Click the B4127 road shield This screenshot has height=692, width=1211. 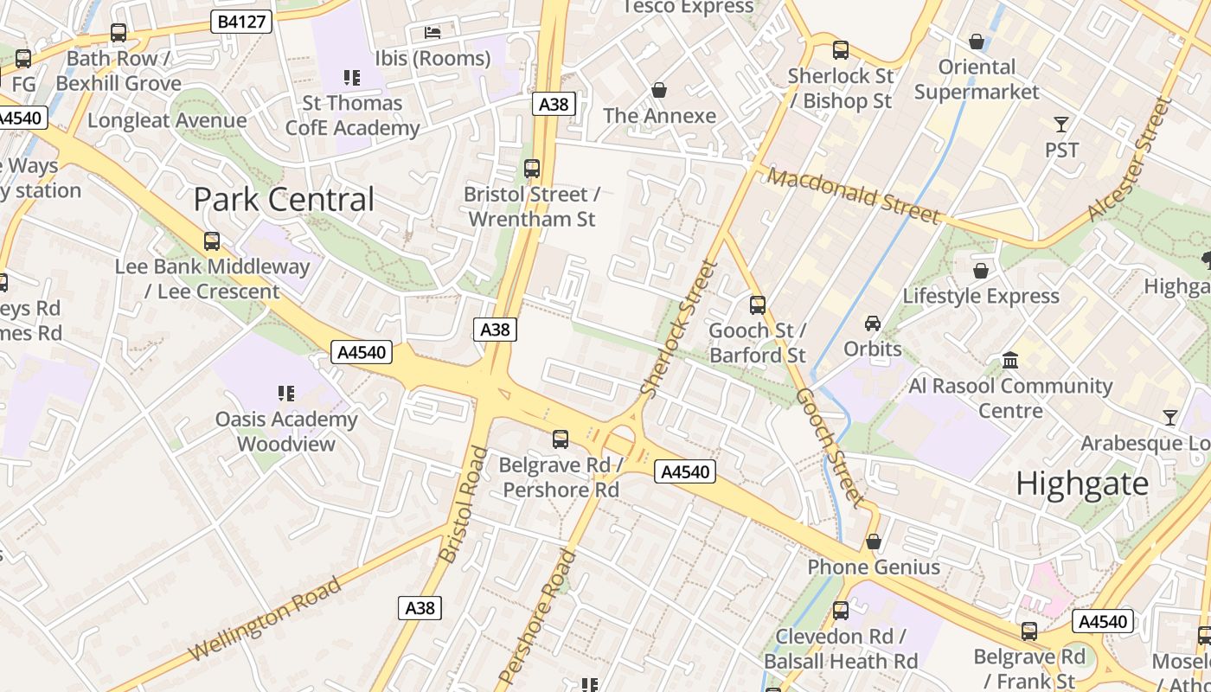pyautogui.click(x=241, y=22)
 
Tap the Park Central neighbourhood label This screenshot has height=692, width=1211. pyautogui.click(x=284, y=200)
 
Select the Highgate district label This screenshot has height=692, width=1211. pyautogui.click(x=1082, y=484)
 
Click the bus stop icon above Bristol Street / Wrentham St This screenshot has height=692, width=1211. pyautogui.click(x=532, y=169)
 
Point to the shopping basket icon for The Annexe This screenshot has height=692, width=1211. pyautogui.click(x=659, y=90)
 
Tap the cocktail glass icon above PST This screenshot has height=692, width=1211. pyautogui.click(x=1061, y=125)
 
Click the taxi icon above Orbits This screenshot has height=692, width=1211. pyautogui.click(x=873, y=324)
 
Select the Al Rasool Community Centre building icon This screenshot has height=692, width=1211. pyautogui.click(x=1010, y=360)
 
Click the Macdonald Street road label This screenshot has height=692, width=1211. pyautogui.click(x=853, y=195)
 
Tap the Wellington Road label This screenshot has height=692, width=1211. pyautogui.click(x=265, y=620)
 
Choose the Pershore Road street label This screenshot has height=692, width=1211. pyautogui.click(x=538, y=616)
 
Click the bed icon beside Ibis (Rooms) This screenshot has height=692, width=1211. pyautogui.click(x=432, y=33)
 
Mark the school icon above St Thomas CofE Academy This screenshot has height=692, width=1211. pyautogui.click(x=352, y=78)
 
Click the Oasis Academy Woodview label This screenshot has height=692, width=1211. pyautogui.click(x=286, y=432)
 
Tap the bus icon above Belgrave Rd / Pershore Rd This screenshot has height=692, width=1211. pyautogui.click(x=561, y=439)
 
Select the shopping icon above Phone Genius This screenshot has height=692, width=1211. pyautogui.click(x=874, y=541)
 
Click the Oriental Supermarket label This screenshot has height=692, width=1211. pyautogui.click(x=977, y=79)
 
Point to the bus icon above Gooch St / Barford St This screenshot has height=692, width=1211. pyautogui.click(x=758, y=304)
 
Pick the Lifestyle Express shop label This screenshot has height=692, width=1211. pyautogui.click(x=981, y=296)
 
